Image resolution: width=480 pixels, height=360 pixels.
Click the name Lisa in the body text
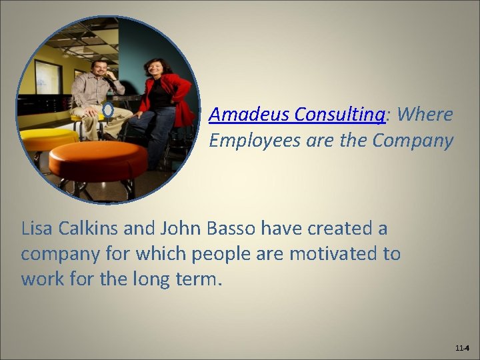(38, 229)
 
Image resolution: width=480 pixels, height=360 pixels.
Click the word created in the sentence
(344, 229)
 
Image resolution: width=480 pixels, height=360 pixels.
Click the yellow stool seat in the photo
(47, 139)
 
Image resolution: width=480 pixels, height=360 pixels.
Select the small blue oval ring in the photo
(108, 109)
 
